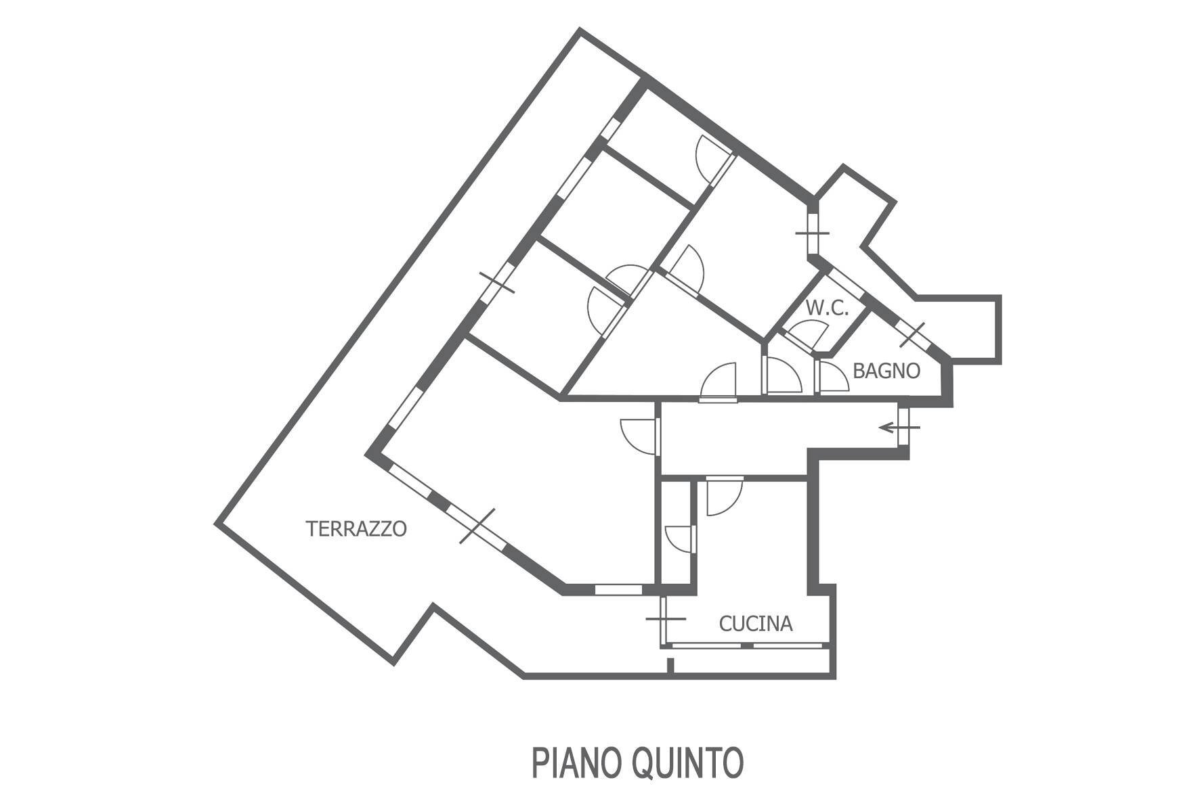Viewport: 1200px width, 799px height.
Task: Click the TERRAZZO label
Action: point(356,528)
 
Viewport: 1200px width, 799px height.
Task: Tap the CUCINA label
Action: point(756,623)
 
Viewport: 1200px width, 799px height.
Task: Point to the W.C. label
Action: point(827,308)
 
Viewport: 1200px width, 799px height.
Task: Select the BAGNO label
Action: point(886,371)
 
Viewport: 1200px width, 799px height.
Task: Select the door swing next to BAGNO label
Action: point(833,378)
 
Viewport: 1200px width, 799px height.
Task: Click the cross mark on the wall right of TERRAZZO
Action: point(477,526)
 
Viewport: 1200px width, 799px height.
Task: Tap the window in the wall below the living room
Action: point(618,589)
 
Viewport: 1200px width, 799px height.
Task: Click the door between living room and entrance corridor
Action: point(640,435)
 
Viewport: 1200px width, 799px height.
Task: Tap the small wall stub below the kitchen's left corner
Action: point(670,666)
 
